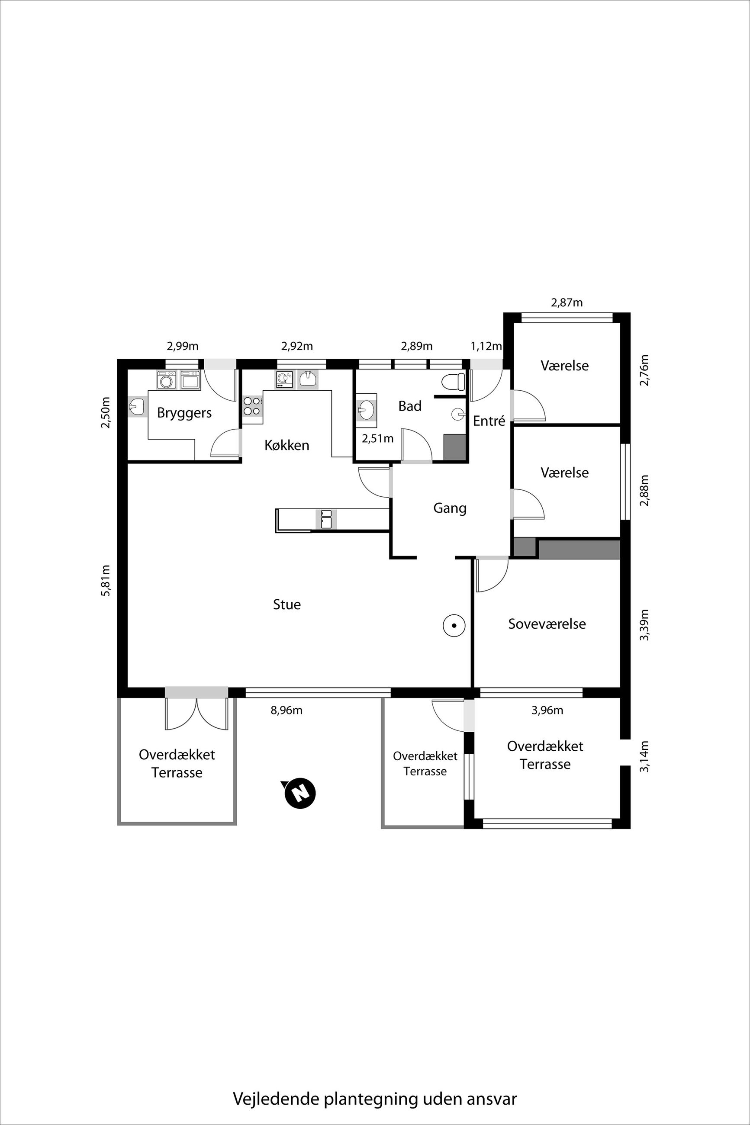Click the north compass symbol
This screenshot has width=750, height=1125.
coord(300,794)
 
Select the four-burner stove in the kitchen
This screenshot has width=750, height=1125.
coord(252,406)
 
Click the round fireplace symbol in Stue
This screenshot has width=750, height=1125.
coord(454,625)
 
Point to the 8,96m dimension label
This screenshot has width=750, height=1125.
coord(286,710)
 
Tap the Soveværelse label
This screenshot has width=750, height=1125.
coord(547,624)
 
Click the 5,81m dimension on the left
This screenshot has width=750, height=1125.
coord(106,580)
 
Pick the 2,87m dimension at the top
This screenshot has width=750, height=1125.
coord(567,302)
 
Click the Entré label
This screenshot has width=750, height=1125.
coord(489,421)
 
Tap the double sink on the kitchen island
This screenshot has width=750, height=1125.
coord(326,519)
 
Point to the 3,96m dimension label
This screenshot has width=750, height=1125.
coord(547,710)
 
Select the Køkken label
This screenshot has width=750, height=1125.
coord(287,445)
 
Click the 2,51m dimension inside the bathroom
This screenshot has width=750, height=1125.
coord(377,438)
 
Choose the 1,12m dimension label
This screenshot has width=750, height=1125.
coord(486,346)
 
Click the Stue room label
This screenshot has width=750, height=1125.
coord(287,604)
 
